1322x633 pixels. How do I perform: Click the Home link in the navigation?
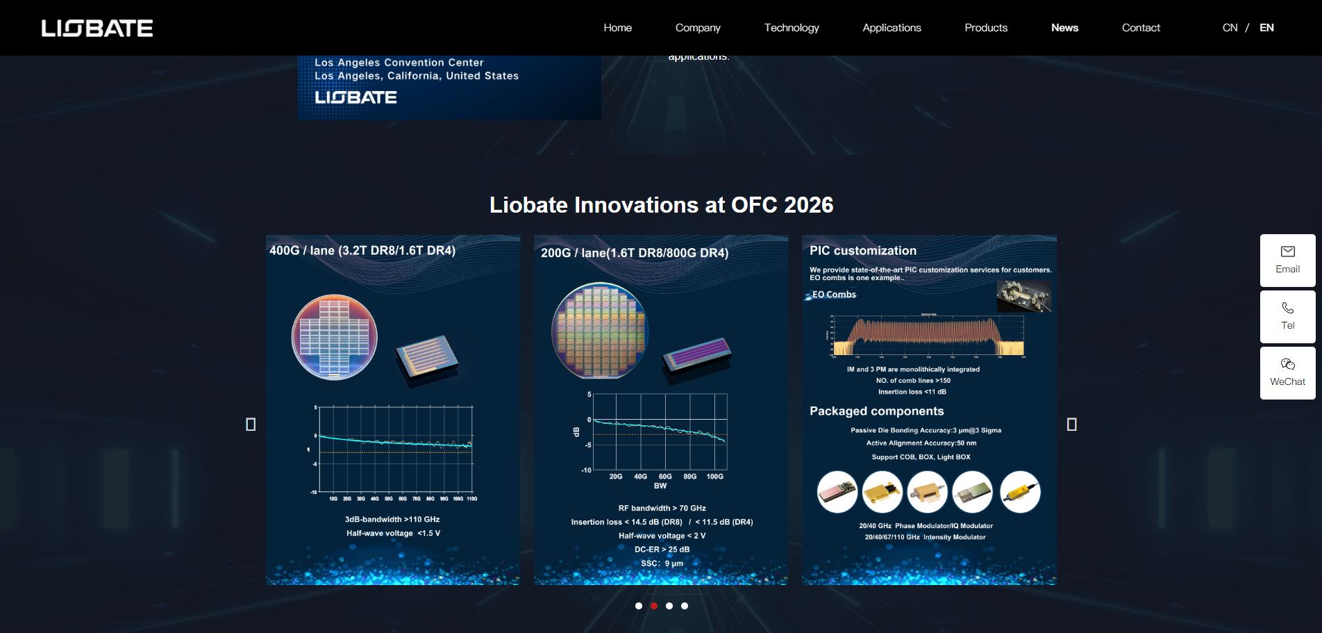click(x=617, y=28)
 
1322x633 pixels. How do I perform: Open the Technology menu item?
click(x=792, y=28)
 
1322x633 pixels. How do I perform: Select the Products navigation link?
click(x=985, y=28)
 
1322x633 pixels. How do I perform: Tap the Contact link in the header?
click(x=1141, y=28)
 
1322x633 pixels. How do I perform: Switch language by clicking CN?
click(x=1230, y=28)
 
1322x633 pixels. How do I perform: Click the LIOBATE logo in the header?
click(x=97, y=28)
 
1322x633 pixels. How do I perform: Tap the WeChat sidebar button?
click(x=1287, y=372)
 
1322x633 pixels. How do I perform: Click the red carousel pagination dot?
click(x=654, y=606)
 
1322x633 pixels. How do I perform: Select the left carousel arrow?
click(x=251, y=424)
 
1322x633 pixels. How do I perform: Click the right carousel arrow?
click(x=1071, y=424)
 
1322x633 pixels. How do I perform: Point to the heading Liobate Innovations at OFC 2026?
click(x=661, y=205)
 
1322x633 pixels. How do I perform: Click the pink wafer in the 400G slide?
click(x=334, y=337)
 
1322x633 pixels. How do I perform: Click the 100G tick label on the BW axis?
click(x=714, y=477)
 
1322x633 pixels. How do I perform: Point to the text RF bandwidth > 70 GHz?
click(x=662, y=508)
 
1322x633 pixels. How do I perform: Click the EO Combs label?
click(x=834, y=295)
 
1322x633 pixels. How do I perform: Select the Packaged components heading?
click(x=876, y=411)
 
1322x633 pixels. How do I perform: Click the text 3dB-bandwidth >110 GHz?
click(x=392, y=519)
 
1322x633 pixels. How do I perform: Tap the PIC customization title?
click(x=862, y=251)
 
